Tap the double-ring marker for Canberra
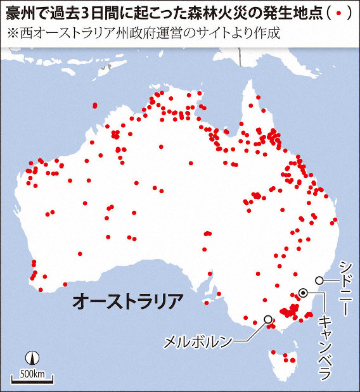[304, 293]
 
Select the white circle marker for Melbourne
[268, 319]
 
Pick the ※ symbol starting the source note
[13, 32]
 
